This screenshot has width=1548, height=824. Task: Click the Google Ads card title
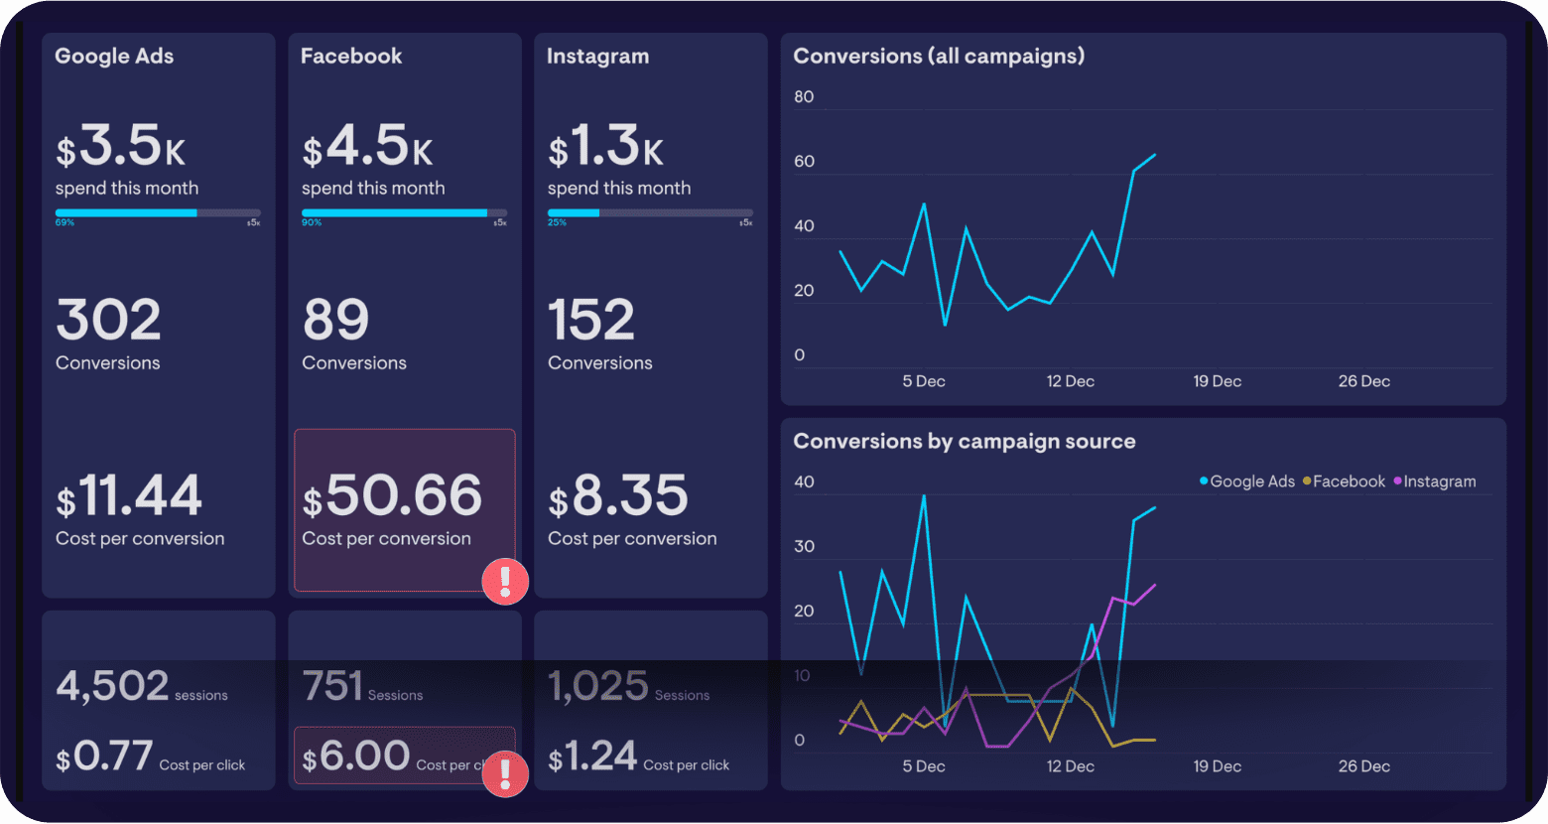[x=114, y=57]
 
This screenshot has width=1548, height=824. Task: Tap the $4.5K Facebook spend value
[x=368, y=147]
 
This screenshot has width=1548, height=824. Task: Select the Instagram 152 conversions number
[x=590, y=321]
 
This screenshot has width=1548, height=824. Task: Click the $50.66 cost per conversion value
[x=393, y=495]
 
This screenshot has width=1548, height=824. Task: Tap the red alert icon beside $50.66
[x=505, y=581]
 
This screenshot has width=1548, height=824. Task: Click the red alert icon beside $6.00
[x=505, y=773]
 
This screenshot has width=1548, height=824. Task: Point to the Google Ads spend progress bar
[x=158, y=212]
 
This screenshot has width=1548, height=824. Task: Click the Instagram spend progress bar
[x=650, y=212]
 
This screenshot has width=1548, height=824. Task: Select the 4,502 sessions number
[x=112, y=686]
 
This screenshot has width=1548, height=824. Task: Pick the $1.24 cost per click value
[x=593, y=757]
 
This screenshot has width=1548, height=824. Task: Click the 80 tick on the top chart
[x=804, y=97]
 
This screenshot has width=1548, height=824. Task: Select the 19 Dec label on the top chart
[x=1217, y=381]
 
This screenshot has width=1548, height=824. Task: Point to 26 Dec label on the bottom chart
[x=1363, y=766]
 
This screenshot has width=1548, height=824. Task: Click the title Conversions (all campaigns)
[x=939, y=57]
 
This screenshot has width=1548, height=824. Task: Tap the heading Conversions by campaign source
[x=964, y=442]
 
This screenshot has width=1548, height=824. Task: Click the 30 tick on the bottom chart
[x=804, y=547]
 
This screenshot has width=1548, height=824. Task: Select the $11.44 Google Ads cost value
[x=129, y=496]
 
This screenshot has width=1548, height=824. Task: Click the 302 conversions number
[x=108, y=321]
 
